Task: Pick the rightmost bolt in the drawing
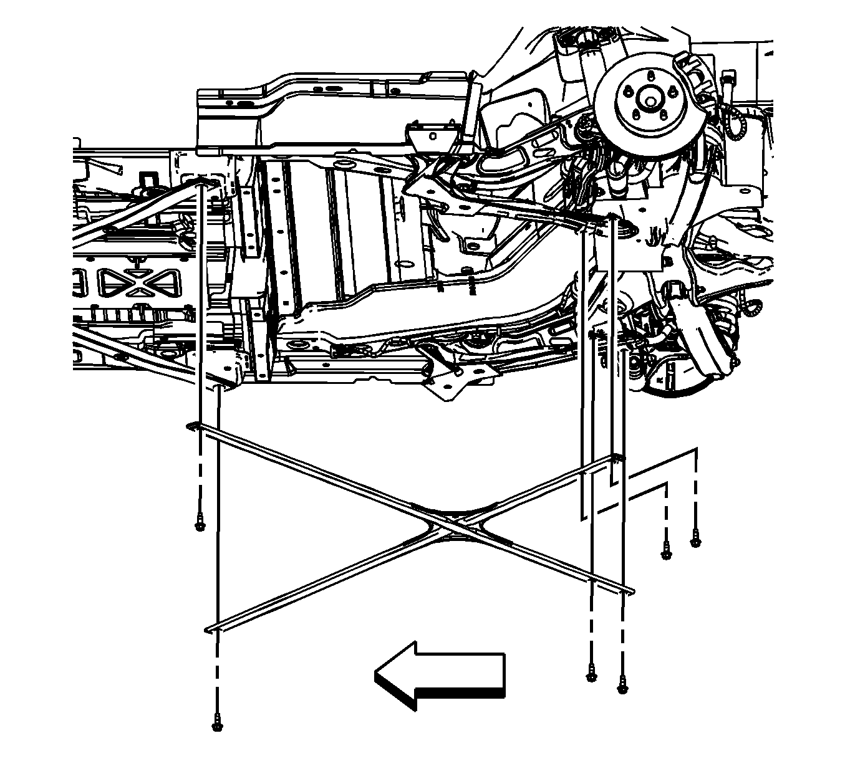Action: tap(695, 541)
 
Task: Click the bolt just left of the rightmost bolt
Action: tap(666, 552)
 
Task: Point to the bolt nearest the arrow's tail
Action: tap(591, 674)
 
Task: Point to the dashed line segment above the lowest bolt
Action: tap(217, 679)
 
